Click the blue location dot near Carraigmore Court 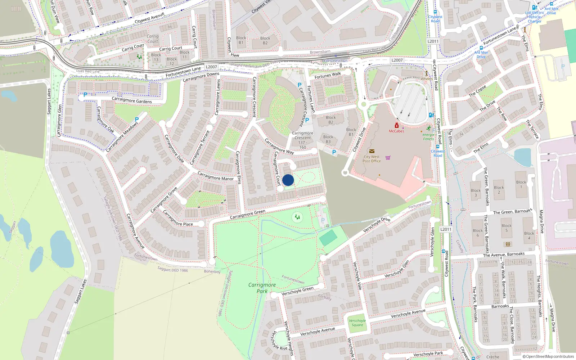pos(288,180)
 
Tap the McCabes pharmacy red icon pos(396,126)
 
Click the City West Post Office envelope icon pos(372,151)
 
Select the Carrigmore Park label pos(262,288)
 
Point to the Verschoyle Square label pos(357,323)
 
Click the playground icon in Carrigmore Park pos(297,217)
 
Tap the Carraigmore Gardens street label pos(132,100)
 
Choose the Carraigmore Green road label pos(247,214)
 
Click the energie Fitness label pos(428,136)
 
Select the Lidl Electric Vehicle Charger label pos(535,17)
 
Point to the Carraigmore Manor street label pos(216,176)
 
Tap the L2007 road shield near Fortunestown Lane pos(211,67)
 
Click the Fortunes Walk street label pos(328,76)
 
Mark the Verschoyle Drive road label pos(377,225)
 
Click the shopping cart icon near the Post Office pos(388,157)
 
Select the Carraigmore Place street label pos(178,219)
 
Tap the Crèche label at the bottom pos(493,357)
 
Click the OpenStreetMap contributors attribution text pos(548,357)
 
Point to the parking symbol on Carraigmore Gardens pos(85,95)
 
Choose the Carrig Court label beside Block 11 pos(171,49)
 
